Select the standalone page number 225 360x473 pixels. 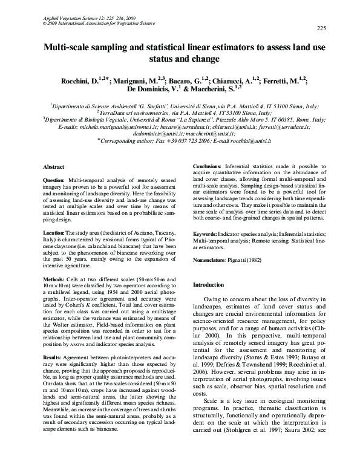(x=321, y=28)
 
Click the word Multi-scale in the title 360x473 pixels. (x=67, y=47)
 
